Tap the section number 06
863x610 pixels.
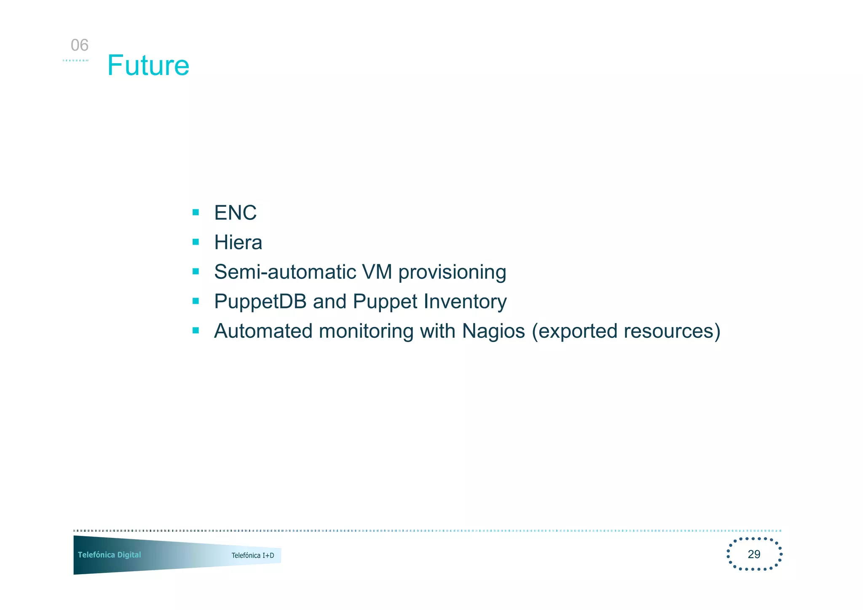[80, 45]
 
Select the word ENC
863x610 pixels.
[235, 212]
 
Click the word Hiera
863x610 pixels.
[238, 242]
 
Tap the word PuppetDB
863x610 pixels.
[260, 302]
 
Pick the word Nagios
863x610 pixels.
[493, 331]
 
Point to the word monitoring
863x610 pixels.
[366, 331]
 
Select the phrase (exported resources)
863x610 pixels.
[626, 331]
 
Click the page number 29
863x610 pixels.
[754, 554]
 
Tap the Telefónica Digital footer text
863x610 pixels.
[110, 555]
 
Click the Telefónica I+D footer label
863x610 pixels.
[253, 555]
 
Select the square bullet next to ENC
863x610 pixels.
[196, 212]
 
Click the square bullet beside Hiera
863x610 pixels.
[196, 242]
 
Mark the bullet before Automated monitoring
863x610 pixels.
[196, 330]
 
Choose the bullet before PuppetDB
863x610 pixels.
[196, 301]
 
